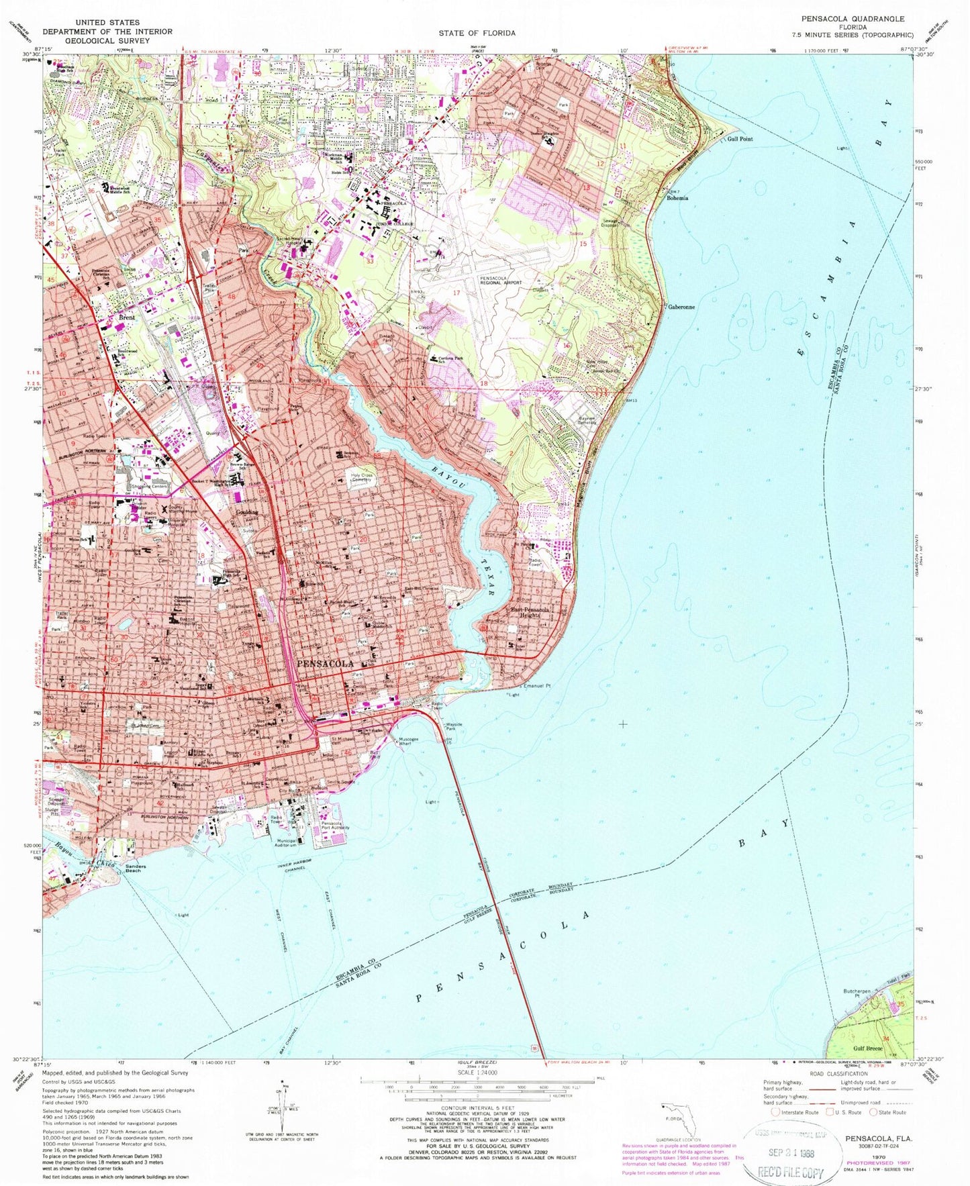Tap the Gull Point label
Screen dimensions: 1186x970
(x=740, y=139)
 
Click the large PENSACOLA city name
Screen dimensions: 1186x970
(x=325, y=663)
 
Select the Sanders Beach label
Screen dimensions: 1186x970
(x=140, y=869)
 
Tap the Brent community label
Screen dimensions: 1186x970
(x=127, y=317)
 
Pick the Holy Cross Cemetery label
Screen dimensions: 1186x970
(x=361, y=479)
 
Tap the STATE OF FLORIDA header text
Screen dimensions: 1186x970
(x=477, y=33)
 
